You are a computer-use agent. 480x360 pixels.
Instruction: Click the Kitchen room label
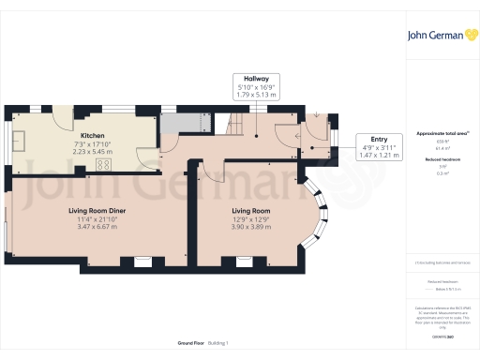click(92, 136)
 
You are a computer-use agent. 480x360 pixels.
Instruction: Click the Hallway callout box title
click(256, 80)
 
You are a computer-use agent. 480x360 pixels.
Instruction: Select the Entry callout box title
click(380, 138)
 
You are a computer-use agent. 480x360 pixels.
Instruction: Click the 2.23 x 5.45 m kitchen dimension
click(92, 151)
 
